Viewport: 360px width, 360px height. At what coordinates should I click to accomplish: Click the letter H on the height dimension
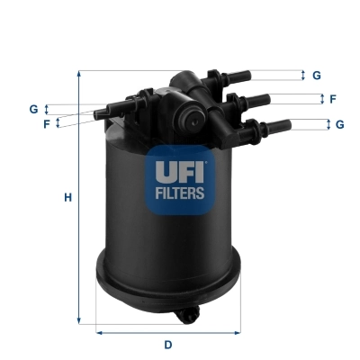pyautogui.click(x=67, y=197)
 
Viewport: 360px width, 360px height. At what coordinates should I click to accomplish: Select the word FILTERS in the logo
pyautogui.click(x=182, y=192)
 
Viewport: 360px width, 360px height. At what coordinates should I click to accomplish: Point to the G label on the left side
pyautogui.click(x=33, y=109)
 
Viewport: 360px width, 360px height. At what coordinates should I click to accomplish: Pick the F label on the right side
pyautogui.click(x=332, y=99)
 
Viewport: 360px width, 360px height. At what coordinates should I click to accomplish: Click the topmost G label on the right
pyautogui.click(x=317, y=76)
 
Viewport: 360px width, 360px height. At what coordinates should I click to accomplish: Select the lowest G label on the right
pyautogui.click(x=338, y=124)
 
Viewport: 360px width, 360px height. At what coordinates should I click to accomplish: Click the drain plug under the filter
pyautogui.click(x=192, y=316)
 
